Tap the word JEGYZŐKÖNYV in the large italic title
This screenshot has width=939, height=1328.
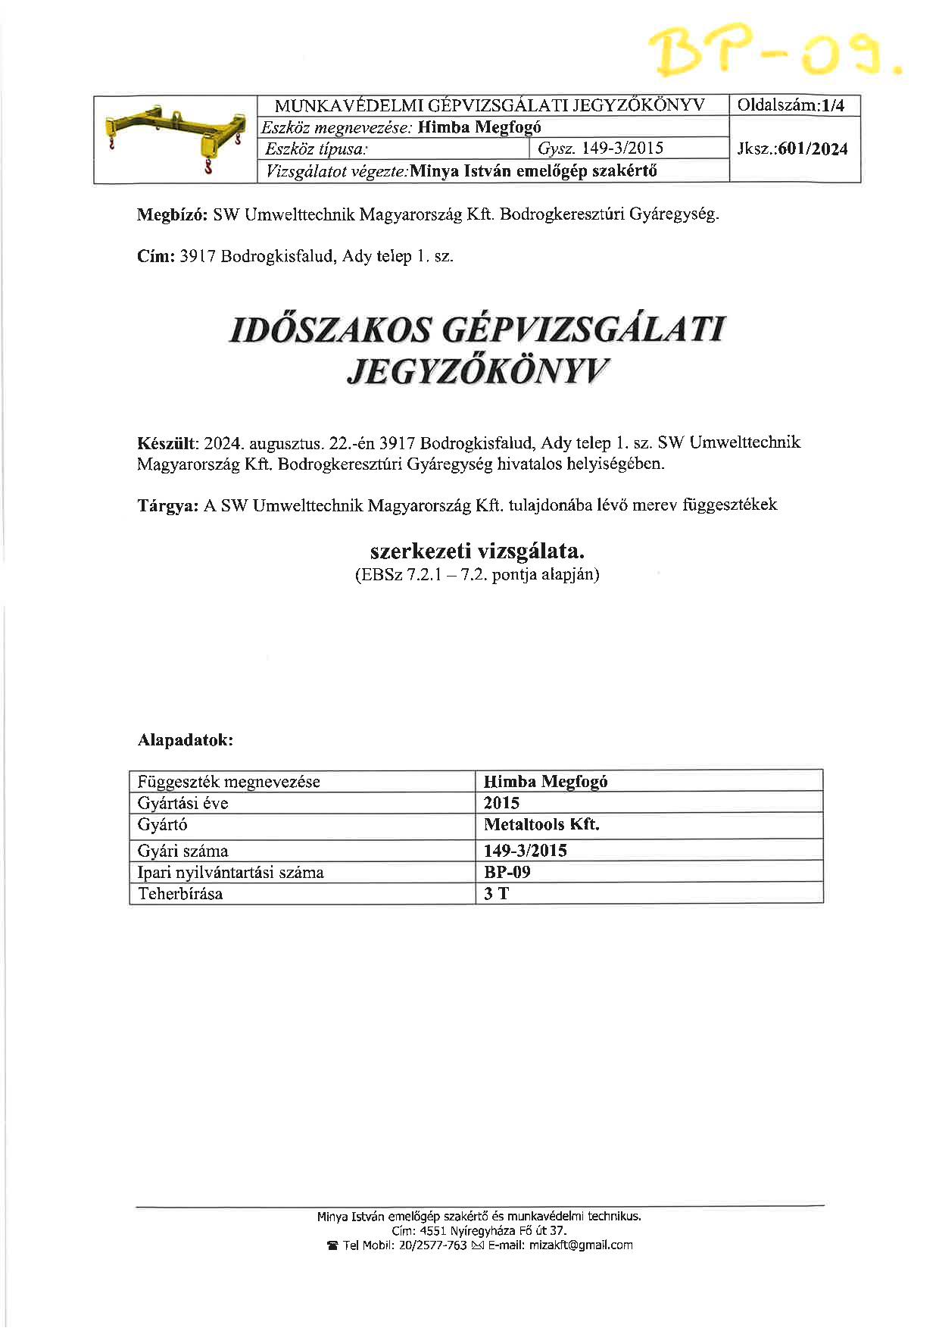tap(476, 370)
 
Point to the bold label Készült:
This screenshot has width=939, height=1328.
tap(167, 442)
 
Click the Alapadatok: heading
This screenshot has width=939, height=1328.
tap(186, 740)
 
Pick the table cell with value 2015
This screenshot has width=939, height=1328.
tap(502, 803)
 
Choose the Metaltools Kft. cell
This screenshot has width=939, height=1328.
tap(541, 824)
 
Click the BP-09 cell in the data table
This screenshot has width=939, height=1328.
tap(507, 872)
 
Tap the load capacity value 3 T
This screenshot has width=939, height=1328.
tap(497, 894)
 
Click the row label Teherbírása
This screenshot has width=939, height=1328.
tap(180, 894)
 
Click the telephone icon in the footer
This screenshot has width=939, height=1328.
tap(332, 1245)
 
